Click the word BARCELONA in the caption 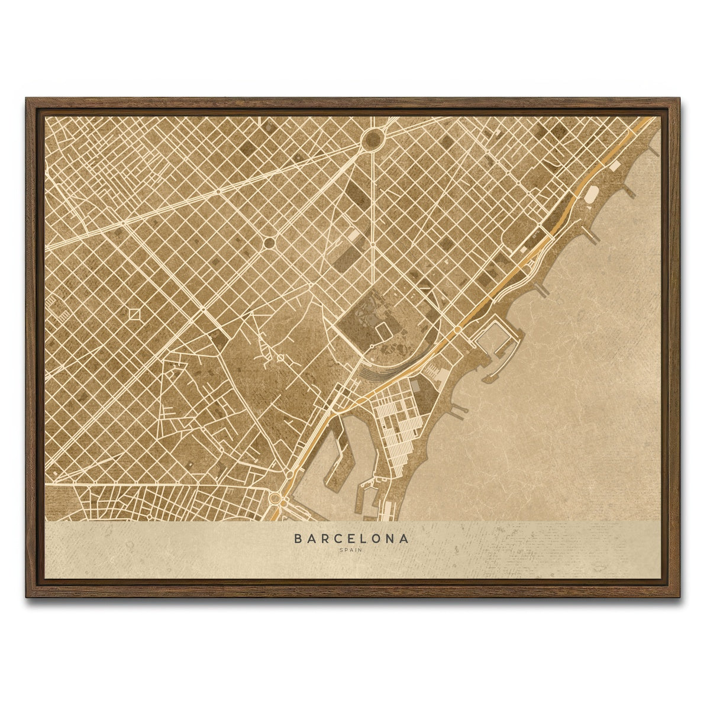pyautogui.click(x=351, y=539)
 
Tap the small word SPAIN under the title pyautogui.click(x=351, y=550)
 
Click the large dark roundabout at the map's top pyautogui.click(x=373, y=140)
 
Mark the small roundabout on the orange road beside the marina pyautogui.click(x=457, y=330)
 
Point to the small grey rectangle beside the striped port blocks pyautogui.click(x=415, y=385)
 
